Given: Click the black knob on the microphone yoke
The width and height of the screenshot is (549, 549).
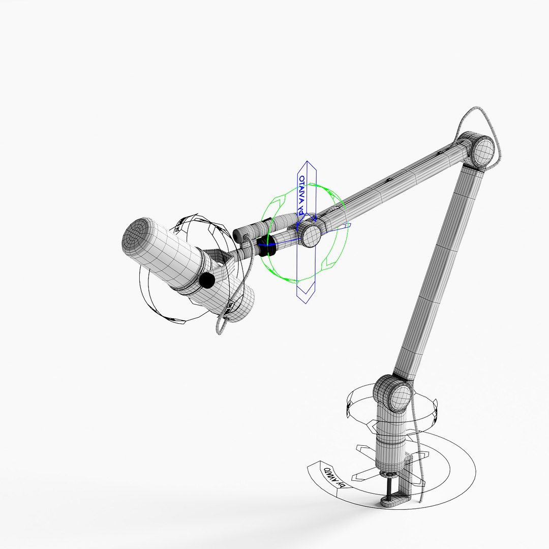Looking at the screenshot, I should tap(207, 279).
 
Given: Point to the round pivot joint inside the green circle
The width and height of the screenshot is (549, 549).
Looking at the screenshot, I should tap(310, 234).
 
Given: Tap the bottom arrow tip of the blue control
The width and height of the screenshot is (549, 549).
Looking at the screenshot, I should tap(306, 297).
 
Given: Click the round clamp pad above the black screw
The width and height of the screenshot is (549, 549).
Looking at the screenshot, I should tap(390, 474).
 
